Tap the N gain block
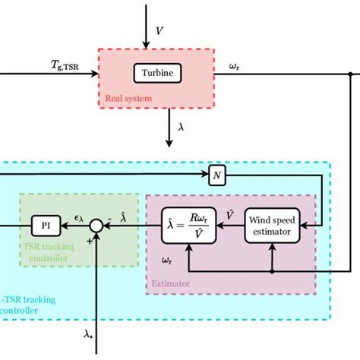click(217, 177)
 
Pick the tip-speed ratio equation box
click(186, 226)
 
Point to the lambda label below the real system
click(181, 128)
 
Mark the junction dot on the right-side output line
click(349, 74)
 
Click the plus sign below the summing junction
click(90, 239)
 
